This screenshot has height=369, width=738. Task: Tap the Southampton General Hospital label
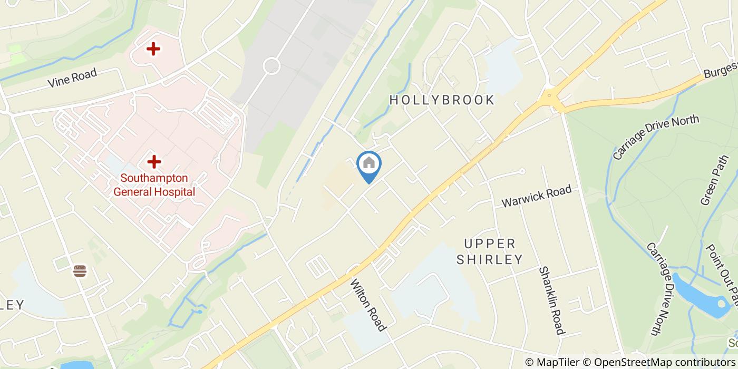click(154, 185)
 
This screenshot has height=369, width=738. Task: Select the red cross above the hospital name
click(154, 161)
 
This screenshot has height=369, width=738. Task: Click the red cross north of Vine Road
click(153, 50)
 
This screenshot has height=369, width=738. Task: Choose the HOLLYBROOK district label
click(442, 100)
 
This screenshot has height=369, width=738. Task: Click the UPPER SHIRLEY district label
click(490, 251)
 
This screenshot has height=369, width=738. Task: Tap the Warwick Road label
click(536, 197)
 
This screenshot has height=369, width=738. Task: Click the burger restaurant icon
click(80, 271)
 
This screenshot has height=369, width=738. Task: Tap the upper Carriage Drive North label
click(656, 137)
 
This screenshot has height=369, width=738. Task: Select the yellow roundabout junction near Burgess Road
click(549, 98)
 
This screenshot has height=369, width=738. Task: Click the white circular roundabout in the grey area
click(271, 66)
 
